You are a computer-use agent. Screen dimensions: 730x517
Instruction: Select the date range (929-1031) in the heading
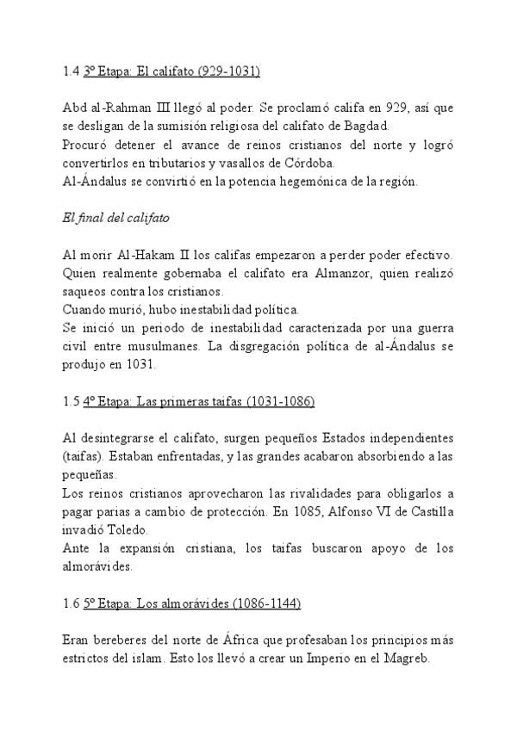tap(227, 71)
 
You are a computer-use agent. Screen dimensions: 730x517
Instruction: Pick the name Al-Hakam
tap(149, 255)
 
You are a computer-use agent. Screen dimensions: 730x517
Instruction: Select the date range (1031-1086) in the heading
tap(281, 401)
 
